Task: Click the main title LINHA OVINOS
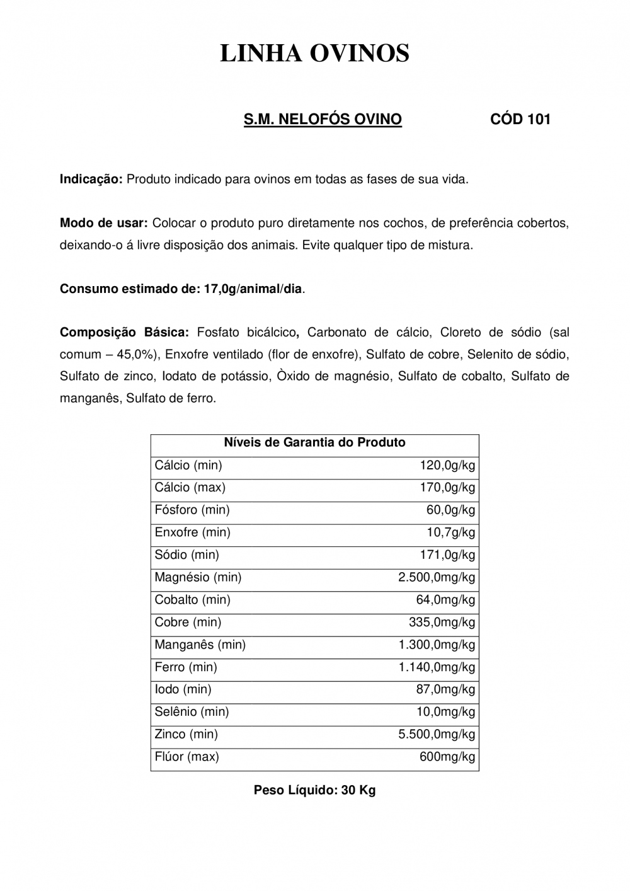(x=314, y=54)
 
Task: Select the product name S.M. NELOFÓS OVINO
(x=323, y=119)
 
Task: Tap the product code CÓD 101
(x=520, y=119)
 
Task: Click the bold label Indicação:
(x=91, y=179)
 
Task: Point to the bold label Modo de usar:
(x=103, y=223)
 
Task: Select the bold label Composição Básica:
(x=124, y=332)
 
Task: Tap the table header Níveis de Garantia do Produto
(x=314, y=442)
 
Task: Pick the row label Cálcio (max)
(x=190, y=487)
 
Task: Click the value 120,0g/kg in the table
(x=447, y=465)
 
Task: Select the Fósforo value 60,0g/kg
(x=450, y=510)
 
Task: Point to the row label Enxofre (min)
(x=192, y=532)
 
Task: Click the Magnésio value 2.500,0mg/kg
(x=437, y=577)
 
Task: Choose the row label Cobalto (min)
(x=192, y=600)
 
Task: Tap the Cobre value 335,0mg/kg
(x=442, y=622)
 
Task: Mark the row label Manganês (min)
(x=200, y=645)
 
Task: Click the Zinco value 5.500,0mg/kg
(x=437, y=734)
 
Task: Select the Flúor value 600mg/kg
(x=447, y=757)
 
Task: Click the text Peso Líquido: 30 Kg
(x=314, y=790)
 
